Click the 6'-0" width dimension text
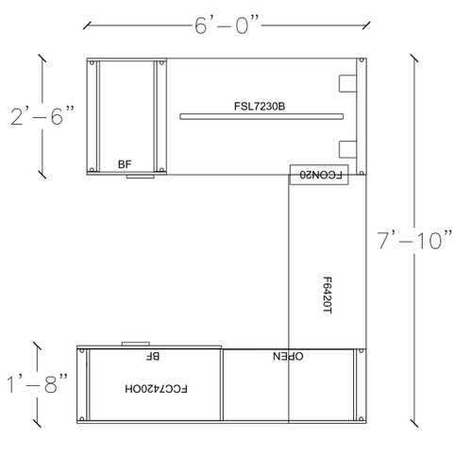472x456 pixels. coord(227,25)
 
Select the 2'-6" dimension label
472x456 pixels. coord(42,116)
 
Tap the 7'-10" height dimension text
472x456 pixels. coord(414,240)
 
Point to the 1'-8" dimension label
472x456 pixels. coord(37,383)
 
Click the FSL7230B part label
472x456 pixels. coord(260,106)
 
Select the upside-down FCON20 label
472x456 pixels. coord(320,175)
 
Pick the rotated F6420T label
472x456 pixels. coord(328,296)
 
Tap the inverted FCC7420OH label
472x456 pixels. coord(156,389)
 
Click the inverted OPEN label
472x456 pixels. coord(288,356)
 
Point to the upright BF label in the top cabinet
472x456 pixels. coord(125,164)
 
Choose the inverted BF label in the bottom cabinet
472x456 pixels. coord(153,356)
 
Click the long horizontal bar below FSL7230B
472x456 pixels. coord(261,116)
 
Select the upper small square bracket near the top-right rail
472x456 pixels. coord(347,83)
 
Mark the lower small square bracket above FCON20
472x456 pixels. coord(347,149)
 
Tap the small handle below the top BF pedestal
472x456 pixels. coord(141,177)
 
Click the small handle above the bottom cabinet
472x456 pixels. coord(136,344)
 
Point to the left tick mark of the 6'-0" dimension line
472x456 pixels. coord(87,25)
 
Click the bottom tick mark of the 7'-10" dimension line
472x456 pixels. coord(414,423)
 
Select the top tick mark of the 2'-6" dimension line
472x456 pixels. coord(42,59)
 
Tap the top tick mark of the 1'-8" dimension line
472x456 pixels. coord(37,346)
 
